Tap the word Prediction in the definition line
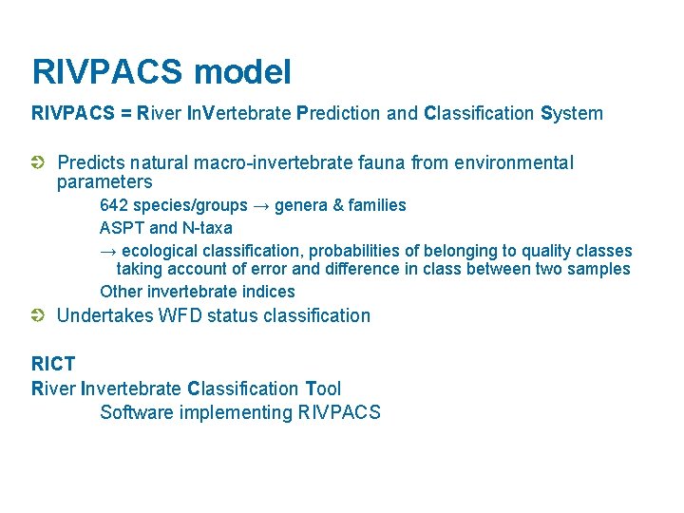pyautogui.click(x=340, y=114)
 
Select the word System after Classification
pyautogui.click(x=571, y=114)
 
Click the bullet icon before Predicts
pyautogui.click(x=38, y=163)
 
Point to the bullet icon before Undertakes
pyautogui.click(x=38, y=315)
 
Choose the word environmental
pyautogui.click(x=513, y=163)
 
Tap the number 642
pyautogui.click(x=114, y=205)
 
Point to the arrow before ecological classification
pyautogui.click(x=108, y=251)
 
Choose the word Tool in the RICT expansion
pyautogui.click(x=323, y=389)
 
